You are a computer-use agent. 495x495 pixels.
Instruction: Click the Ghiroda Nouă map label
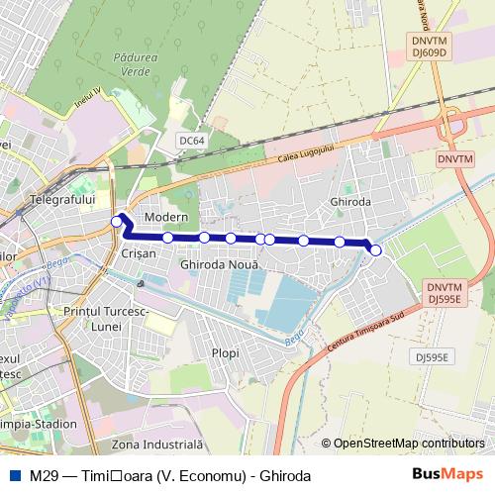tap(220, 266)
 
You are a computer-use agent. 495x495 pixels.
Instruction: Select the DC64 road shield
tap(192, 142)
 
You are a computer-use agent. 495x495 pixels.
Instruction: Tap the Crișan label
tap(138, 254)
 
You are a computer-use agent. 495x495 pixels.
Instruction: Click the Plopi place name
tap(226, 351)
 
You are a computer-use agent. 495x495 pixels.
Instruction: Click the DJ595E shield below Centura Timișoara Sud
tap(432, 356)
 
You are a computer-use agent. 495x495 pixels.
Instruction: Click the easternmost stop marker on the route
tap(375, 250)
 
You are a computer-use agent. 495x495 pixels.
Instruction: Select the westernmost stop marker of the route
tap(117, 222)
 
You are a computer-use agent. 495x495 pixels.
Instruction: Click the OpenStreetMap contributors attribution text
tap(409, 444)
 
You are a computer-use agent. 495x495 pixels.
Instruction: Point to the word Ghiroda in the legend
tap(285, 476)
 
